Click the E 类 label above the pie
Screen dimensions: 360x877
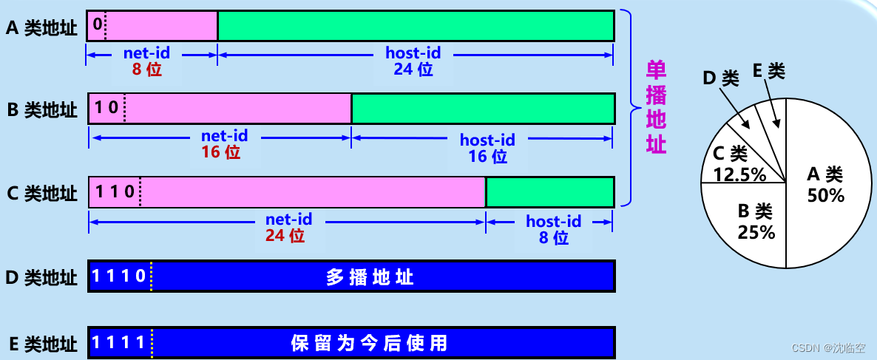point(769,71)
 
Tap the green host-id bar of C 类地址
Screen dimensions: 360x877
point(549,192)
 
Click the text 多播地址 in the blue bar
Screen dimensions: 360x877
point(370,277)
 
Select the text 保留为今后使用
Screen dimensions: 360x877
point(369,343)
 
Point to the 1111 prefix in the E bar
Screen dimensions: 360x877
point(118,343)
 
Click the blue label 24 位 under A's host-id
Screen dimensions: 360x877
point(413,69)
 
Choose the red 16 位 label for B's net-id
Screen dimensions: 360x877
point(221,153)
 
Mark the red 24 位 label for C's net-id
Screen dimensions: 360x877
point(285,236)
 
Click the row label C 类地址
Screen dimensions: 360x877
point(42,194)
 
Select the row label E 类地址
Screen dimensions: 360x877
point(42,344)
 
